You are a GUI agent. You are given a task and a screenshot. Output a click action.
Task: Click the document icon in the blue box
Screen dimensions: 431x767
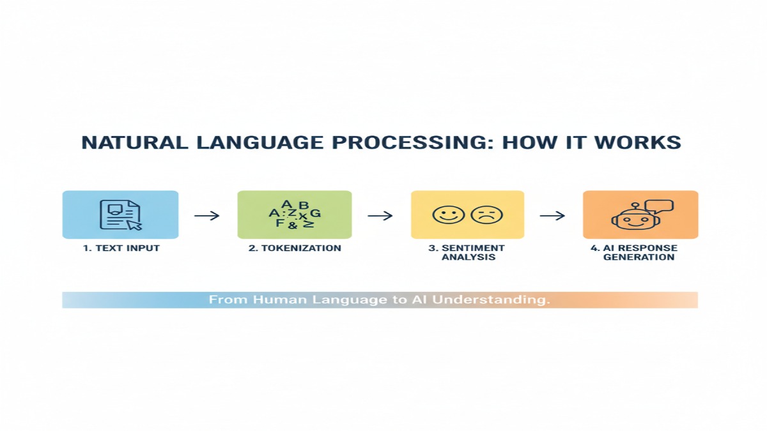coord(119,215)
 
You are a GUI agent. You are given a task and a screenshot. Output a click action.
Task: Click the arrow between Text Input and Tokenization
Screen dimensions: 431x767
coord(207,216)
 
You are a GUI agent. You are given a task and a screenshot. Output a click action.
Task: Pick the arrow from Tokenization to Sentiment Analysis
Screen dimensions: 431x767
coord(380,216)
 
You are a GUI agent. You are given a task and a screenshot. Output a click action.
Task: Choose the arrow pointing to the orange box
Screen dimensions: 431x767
coord(553,216)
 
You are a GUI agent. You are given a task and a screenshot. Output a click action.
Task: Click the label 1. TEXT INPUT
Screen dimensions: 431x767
coord(121,248)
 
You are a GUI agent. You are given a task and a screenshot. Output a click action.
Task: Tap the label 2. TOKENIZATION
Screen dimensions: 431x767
coord(295,248)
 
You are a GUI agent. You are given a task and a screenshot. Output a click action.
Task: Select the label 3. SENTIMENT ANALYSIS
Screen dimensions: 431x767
coord(467,252)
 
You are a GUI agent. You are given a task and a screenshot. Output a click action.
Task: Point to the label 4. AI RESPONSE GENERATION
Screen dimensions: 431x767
coord(640,252)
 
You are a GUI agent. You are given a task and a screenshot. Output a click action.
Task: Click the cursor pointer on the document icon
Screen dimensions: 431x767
coord(135,225)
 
